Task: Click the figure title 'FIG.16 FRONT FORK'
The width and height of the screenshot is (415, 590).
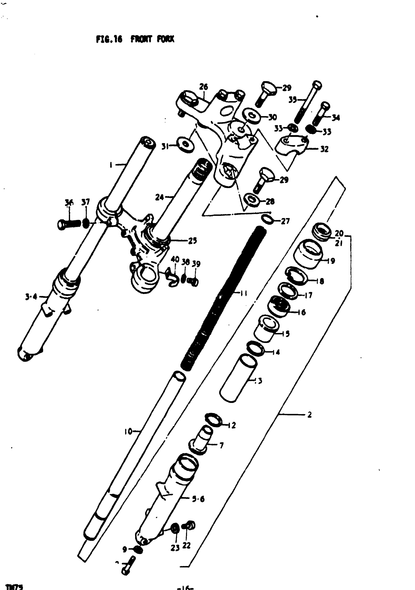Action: pos(135,39)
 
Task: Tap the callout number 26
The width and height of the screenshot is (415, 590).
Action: pos(203,87)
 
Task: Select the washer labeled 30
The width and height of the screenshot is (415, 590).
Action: pos(251,116)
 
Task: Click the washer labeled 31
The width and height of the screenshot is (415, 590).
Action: pos(185,145)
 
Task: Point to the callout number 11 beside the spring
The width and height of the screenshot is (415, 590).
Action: pos(243,293)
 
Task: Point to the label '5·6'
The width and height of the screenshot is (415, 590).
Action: pos(198,499)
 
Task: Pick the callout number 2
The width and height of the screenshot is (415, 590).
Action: pos(309,415)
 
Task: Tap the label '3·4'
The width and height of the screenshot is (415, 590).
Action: pos(31,297)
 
